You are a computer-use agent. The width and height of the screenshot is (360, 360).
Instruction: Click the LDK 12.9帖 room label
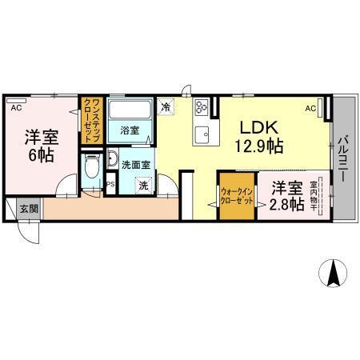pos(258,136)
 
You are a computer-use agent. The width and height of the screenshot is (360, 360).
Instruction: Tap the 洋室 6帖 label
pos(42,145)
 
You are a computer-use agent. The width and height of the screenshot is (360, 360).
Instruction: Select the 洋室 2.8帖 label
pos(286,197)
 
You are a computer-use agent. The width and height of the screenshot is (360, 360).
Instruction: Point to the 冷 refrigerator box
pos(166,105)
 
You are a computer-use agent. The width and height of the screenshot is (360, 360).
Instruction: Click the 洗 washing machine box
pos(143,185)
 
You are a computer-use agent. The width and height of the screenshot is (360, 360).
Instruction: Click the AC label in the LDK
pos(310,108)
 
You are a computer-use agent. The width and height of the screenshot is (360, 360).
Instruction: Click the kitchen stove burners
pos(200,105)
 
